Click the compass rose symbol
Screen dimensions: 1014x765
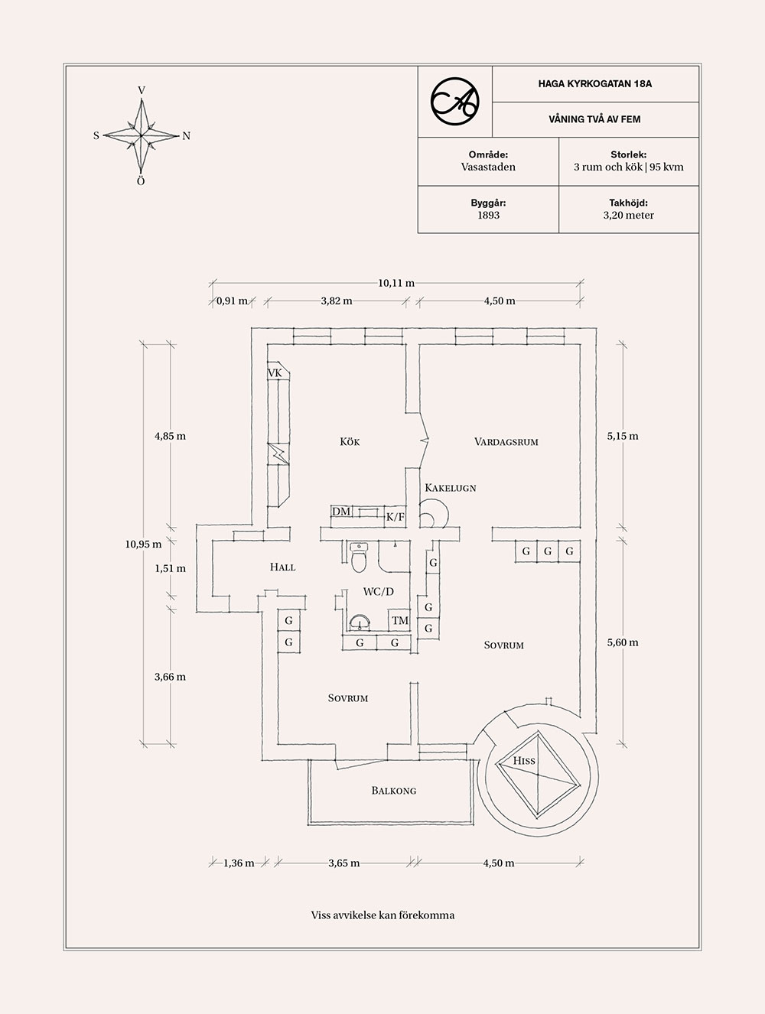point(142,135)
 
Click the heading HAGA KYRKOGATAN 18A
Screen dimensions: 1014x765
point(594,84)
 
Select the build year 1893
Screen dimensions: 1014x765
point(488,216)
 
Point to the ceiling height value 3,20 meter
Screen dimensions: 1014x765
point(628,216)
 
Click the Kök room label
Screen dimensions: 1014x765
point(350,442)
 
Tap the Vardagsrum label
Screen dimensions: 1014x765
point(506,442)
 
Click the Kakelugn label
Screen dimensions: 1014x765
point(450,488)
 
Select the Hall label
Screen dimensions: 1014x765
point(282,567)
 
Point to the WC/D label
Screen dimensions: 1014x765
point(378,592)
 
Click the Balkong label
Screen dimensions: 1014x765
point(394,791)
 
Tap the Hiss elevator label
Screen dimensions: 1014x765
point(524,761)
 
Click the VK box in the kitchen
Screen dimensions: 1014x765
point(275,372)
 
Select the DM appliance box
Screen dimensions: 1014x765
point(341,512)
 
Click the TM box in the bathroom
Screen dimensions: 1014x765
point(400,621)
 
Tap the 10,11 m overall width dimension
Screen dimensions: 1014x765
point(396,283)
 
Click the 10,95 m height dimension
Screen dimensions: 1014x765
point(143,544)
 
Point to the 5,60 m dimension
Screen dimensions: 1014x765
point(622,643)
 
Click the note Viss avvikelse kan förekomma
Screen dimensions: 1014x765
point(382,915)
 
